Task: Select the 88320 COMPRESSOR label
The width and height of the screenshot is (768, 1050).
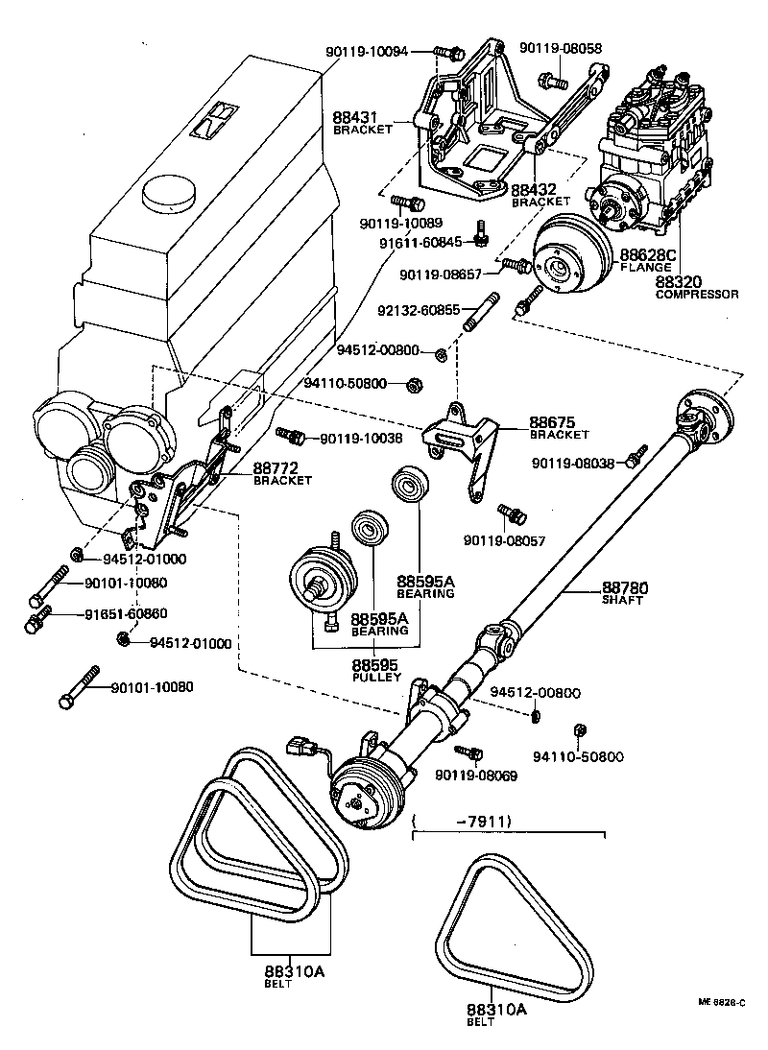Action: tap(696, 287)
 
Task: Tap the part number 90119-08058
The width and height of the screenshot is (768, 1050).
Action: tap(561, 48)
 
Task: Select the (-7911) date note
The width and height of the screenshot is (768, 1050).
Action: tap(461, 821)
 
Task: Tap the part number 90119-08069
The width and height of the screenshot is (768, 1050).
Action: tap(476, 774)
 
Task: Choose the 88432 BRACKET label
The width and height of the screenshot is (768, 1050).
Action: tap(540, 195)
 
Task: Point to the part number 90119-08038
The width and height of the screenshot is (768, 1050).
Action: tap(574, 464)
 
